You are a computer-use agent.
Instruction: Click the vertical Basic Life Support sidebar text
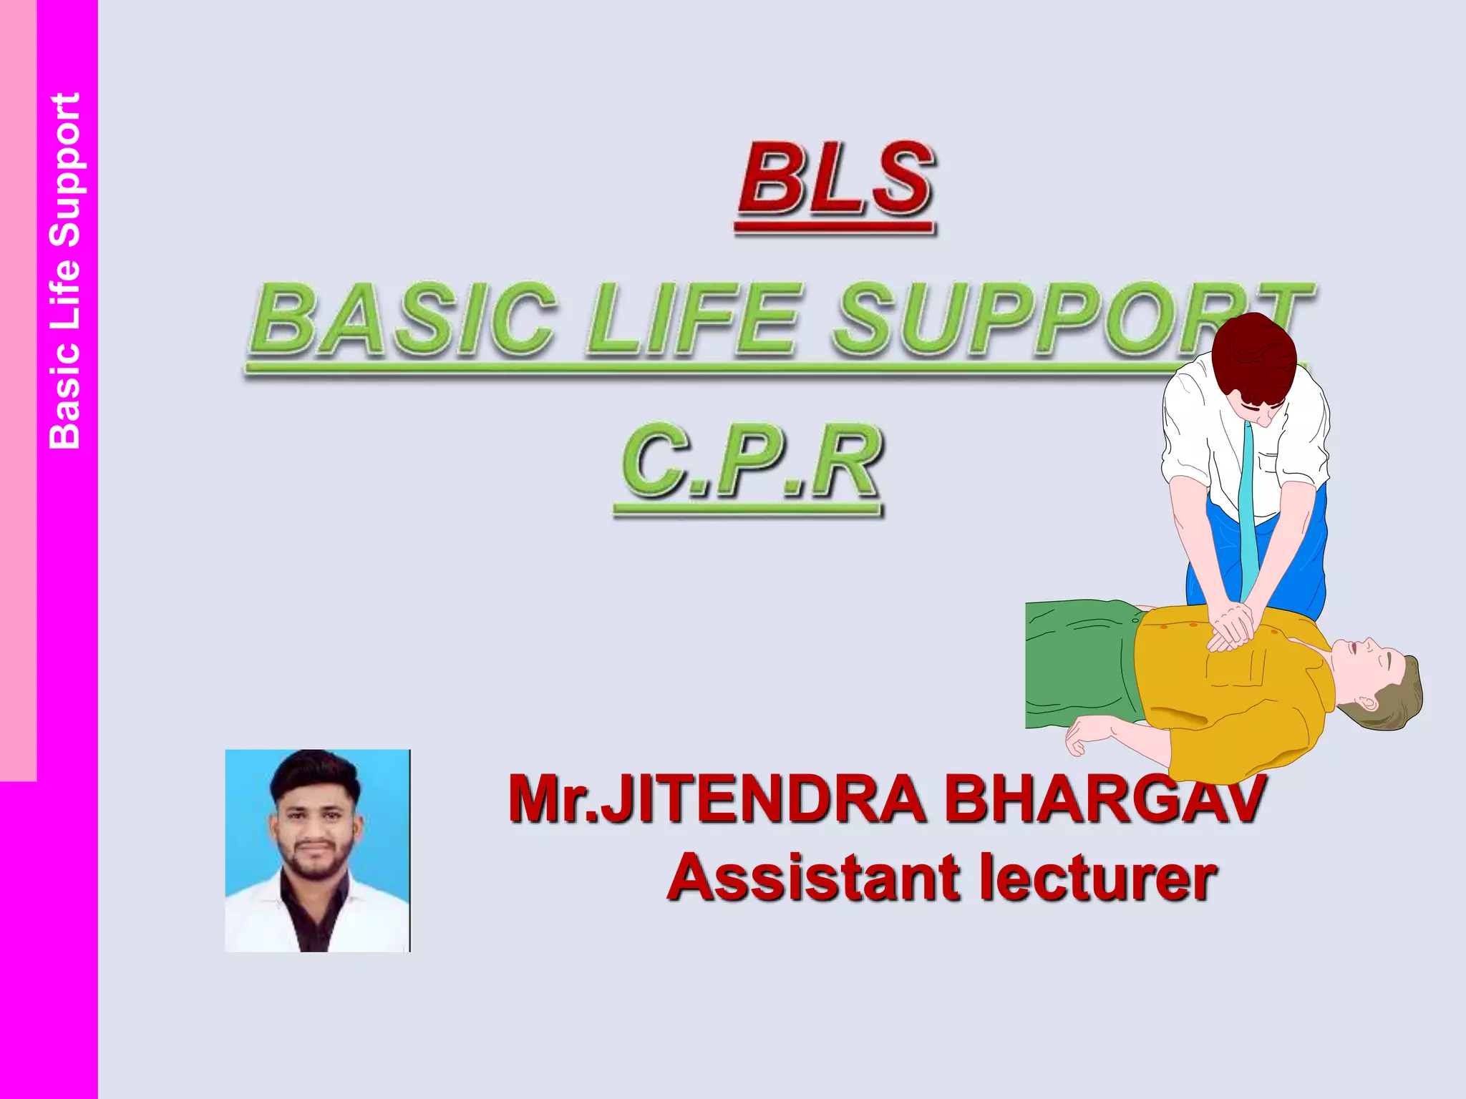pos(65,271)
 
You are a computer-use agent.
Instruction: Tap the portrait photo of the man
pos(318,851)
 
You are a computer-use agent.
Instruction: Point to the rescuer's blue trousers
pos(1296,558)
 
